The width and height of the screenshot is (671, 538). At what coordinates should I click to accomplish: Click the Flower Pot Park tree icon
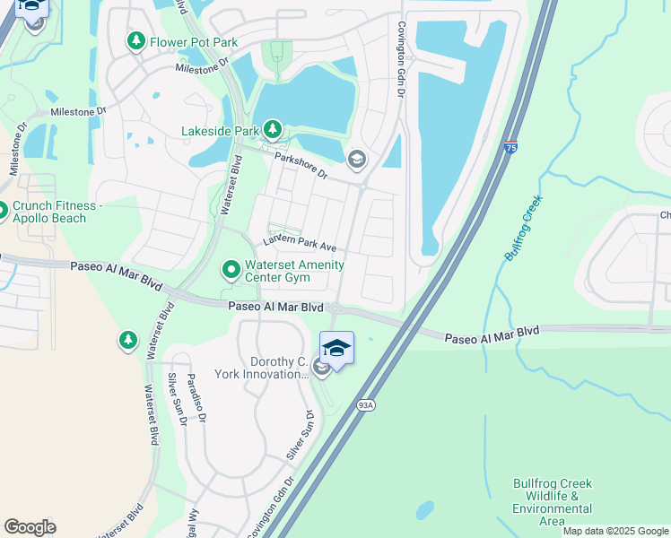pos(135,40)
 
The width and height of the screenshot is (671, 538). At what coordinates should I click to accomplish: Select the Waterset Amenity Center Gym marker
pos(231,268)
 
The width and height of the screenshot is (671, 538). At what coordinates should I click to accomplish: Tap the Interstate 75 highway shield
pos(510,147)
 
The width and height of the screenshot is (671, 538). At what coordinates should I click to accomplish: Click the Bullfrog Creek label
pos(525,230)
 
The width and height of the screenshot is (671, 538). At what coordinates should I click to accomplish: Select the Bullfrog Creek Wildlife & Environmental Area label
pos(553,502)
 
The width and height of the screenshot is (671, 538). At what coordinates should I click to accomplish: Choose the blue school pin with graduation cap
pos(336,348)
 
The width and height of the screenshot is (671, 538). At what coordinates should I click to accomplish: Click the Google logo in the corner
pos(30,527)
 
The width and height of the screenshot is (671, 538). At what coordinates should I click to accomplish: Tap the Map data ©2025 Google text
pos(615,531)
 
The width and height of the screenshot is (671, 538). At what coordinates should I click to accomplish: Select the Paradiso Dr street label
pos(196,398)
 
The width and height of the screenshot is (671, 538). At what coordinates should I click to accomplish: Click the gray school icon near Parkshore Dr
pos(356,160)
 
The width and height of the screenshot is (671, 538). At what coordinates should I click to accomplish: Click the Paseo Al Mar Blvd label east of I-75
pos(492,334)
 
